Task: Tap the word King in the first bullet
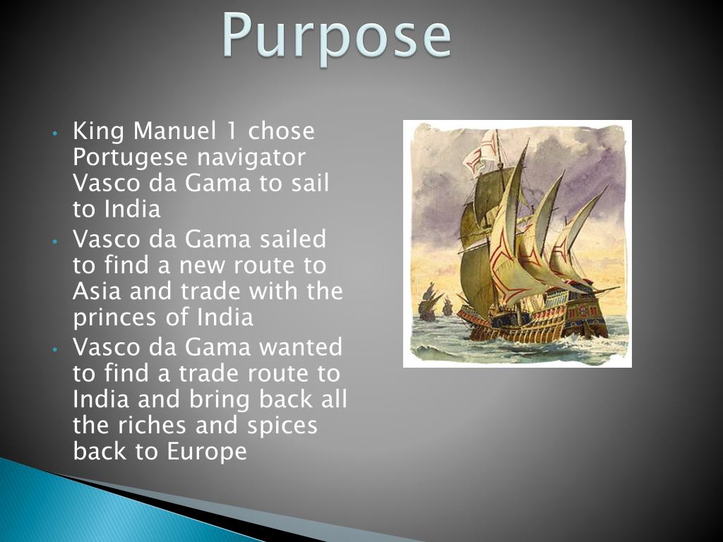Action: [98, 132]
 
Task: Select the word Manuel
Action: [174, 131]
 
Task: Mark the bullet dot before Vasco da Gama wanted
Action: [55, 349]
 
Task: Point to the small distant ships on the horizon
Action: [434, 303]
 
